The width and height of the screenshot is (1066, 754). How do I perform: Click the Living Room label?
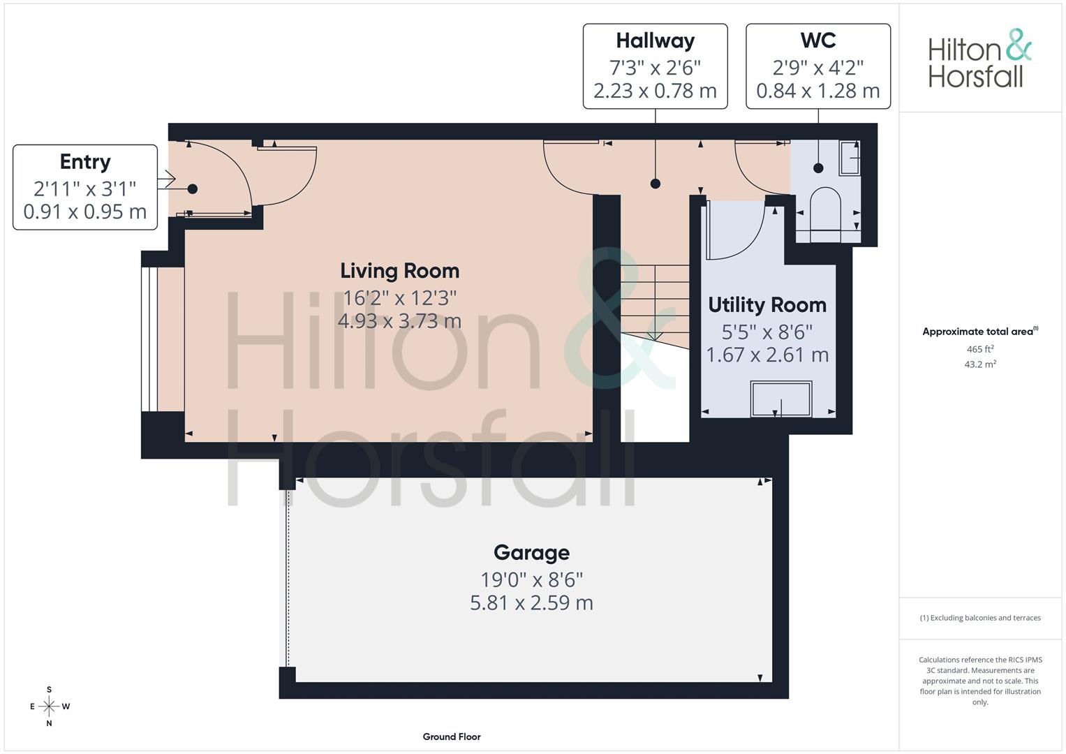pos(400,271)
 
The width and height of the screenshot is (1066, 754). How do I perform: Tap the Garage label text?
pos(531,553)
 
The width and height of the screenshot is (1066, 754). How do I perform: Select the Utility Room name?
pos(767,305)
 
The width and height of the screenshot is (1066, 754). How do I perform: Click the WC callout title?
pos(818,40)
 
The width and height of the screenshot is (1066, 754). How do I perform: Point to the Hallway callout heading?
pos(656,41)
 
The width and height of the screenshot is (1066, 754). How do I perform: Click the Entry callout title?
pos(85,162)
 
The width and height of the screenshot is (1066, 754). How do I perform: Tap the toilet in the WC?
pos(825,209)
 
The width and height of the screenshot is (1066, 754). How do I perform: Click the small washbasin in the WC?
pos(849,158)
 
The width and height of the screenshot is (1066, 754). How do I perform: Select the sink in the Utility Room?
pos(781,399)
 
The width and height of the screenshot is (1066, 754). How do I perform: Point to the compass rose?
pos(49,707)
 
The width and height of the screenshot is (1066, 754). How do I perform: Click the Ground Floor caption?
pos(452,737)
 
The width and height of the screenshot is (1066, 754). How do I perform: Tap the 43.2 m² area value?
pos(980,364)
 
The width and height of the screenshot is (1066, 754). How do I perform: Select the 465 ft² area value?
pos(980,349)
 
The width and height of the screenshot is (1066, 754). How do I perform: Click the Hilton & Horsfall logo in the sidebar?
pos(980,59)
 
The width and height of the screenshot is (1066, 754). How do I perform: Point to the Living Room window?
pos(149,339)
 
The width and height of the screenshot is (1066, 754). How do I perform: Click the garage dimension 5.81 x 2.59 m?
pos(531,603)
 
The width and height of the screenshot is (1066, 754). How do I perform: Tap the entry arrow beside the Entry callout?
pos(167,179)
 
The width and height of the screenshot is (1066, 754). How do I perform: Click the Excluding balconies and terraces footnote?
pos(980,618)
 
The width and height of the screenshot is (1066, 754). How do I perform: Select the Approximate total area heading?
pos(980,332)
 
